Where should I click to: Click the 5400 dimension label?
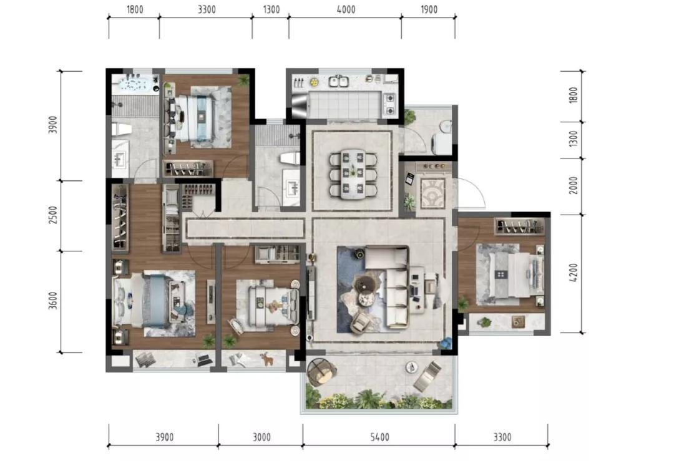pos(379,437)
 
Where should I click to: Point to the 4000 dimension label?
pos(346,9)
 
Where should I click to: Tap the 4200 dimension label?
pos(573,273)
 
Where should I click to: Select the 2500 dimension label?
pos(52,215)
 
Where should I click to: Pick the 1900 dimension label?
pos(429,9)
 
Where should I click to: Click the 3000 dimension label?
pos(261,437)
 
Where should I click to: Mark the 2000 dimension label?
pos(573,185)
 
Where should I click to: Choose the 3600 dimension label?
pos(52,301)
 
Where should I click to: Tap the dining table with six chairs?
pos(353,173)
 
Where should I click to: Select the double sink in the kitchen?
pos(338,80)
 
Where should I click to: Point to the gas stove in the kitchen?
pos(389,104)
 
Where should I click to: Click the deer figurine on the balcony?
pos(267,358)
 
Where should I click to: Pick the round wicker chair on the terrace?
pos(321,372)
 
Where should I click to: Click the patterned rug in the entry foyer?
pos(432,193)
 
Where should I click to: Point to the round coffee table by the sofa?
pos(366,285)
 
